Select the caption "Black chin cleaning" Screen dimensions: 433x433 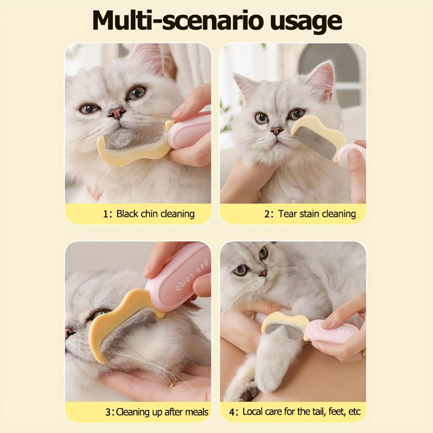[x=155, y=214]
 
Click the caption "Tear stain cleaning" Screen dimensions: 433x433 [x=317, y=214]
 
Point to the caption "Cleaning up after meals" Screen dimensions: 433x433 [x=162, y=412]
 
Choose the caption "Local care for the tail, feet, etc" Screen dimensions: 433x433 [x=301, y=412]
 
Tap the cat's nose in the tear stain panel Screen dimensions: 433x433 [x=277, y=131]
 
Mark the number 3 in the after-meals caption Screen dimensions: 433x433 [x=108, y=412]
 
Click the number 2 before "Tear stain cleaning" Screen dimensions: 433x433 [x=267, y=214]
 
